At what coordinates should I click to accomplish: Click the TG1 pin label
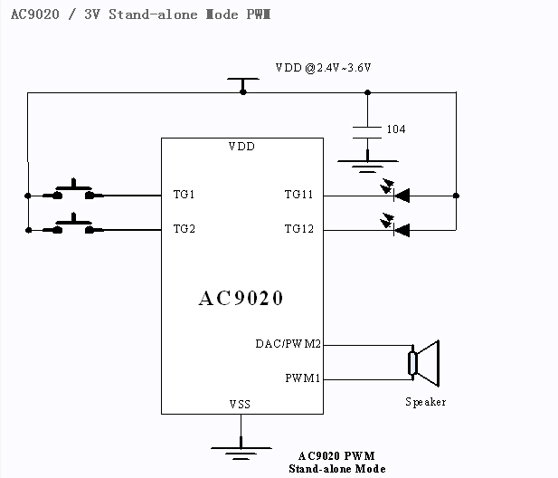tap(184, 195)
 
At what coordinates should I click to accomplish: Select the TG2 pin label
tap(184, 229)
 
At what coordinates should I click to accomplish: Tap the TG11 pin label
tap(298, 195)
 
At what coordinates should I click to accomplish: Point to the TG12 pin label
tap(298, 229)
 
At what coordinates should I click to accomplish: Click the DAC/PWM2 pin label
tap(289, 344)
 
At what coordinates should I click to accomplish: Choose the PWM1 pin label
tap(303, 378)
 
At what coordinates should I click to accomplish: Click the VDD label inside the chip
tap(241, 147)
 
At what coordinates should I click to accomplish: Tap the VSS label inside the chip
tap(240, 404)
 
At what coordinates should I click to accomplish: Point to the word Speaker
tap(425, 402)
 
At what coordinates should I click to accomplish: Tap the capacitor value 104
tap(396, 129)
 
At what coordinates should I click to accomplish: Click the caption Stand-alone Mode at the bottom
tap(336, 469)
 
